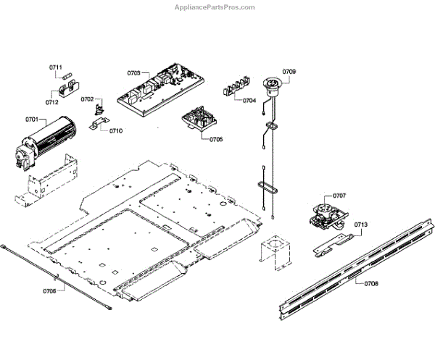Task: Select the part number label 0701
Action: click(31, 118)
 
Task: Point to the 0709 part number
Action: click(289, 71)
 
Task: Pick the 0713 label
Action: click(361, 225)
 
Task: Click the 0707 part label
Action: click(339, 196)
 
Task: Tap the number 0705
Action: click(216, 138)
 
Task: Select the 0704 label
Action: click(249, 100)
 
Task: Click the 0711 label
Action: click(55, 67)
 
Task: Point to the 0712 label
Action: click(51, 103)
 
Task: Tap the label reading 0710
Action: click(116, 131)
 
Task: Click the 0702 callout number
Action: click(87, 99)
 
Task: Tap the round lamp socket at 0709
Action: click(274, 85)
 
